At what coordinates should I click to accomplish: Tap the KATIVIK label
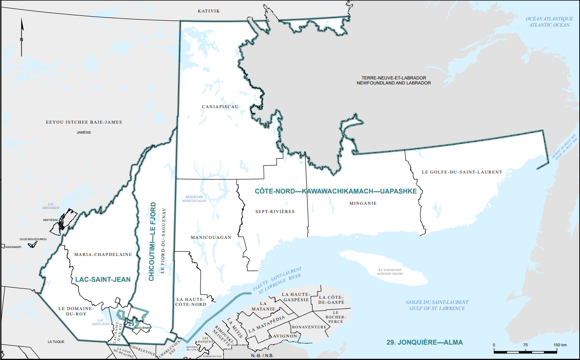pyautogui.click(x=208, y=11)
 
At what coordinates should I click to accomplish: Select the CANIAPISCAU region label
pyautogui.click(x=220, y=107)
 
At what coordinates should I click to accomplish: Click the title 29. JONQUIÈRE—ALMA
pyautogui.click(x=424, y=343)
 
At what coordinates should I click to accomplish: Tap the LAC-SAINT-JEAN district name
pyautogui.click(x=103, y=280)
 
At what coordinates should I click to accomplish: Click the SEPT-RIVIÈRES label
pyautogui.click(x=275, y=212)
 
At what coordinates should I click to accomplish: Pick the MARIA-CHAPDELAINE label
pyautogui.click(x=103, y=254)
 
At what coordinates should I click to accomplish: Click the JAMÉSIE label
pyautogui.click(x=84, y=133)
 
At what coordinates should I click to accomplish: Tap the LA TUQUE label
pyautogui.click(x=56, y=342)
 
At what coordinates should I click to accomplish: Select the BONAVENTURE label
pyautogui.click(x=309, y=327)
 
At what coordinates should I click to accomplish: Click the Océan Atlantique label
pyautogui.click(x=549, y=22)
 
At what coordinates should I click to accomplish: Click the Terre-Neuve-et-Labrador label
pyautogui.click(x=396, y=80)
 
